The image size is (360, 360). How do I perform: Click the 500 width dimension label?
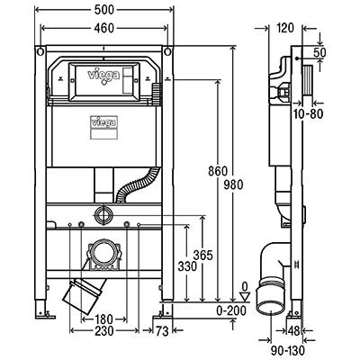tap(104, 10)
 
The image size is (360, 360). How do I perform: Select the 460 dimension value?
tap(104, 28)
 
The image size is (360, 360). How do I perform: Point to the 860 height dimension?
tap(218, 171)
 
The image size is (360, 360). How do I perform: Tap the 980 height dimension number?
tap(233, 184)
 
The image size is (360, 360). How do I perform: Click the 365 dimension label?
tap(202, 256)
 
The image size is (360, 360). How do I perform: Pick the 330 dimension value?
tap(187, 266)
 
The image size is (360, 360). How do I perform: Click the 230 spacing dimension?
tap(104, 331)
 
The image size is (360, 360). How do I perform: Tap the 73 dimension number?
tap(162, 331)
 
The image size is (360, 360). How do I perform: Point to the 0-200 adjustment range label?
tap(231, 310)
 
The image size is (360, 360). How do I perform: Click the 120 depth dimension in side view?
tap(285, 28)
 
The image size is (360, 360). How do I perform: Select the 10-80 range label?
tap(309, 113)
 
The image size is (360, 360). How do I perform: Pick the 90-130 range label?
tap(288, 350)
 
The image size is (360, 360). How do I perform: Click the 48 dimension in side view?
tap(293, 331)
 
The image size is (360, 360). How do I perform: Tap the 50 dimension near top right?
tap(319, 52)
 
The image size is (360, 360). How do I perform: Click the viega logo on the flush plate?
tap(103, 75)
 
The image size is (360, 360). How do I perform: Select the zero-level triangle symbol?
tap(246, 297)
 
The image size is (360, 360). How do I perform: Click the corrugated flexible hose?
tap(136, 184)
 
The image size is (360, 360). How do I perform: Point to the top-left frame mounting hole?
tap(40, 52)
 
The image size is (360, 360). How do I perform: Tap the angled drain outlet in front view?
tap(85, 294)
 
